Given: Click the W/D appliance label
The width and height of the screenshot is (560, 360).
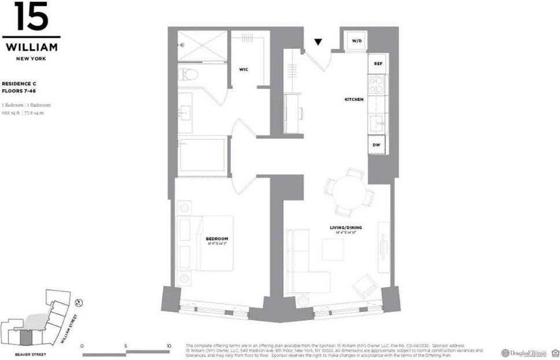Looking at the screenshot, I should coord(357,41).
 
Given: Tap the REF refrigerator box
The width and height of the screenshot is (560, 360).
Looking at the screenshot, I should coord(378,64).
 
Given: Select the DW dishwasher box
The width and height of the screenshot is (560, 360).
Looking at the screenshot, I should coord(377,145).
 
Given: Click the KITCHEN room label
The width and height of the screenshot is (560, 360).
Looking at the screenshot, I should coord(354,100).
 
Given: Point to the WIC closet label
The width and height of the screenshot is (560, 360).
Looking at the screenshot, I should coord(244,69).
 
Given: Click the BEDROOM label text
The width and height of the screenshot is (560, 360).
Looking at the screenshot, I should coord(217,238).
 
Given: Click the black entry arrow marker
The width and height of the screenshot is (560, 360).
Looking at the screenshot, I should coord(318,42).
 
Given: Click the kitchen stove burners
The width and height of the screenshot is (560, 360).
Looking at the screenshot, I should coord(377,85).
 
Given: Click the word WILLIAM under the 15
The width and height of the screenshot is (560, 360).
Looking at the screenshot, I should coord(31,47).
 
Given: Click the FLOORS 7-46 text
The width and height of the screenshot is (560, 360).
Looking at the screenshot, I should coord(20,91).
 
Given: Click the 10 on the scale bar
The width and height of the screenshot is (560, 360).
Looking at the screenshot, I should coord(168,346).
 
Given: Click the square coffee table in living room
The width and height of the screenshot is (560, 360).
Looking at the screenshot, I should coord(332,249).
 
